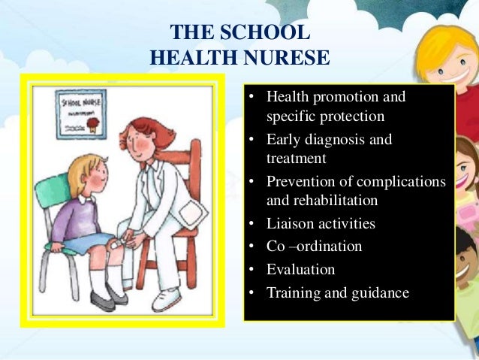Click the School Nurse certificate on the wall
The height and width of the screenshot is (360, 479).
[80, 113]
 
